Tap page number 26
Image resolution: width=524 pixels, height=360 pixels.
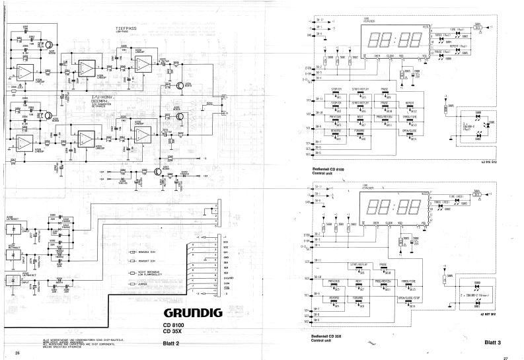point(18,355)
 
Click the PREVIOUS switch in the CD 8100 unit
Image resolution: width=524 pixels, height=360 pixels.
point(336,118)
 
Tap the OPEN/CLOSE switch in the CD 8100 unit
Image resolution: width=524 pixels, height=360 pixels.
point(409,131)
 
